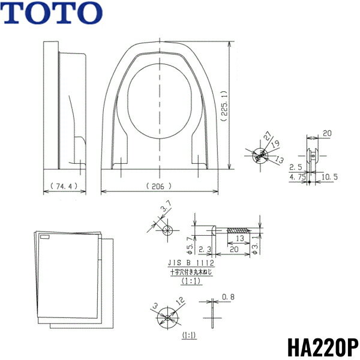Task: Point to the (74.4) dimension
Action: (63, 186)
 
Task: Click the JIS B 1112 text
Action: (192, 263)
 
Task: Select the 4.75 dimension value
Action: (298, 177)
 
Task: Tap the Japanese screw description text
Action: (192, 272)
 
